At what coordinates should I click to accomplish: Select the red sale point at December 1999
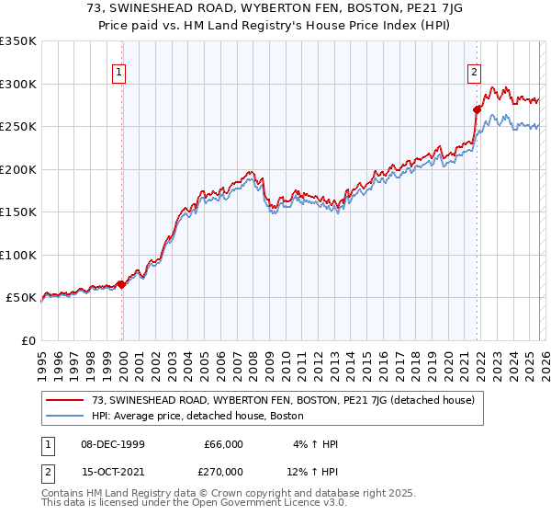coord(121,284)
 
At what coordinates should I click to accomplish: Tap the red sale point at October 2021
coord(477,109)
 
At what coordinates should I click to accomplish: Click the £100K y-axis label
coord(18,255)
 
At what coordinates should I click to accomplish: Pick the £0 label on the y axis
coord(28,340)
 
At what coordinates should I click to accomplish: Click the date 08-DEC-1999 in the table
coord(113,444)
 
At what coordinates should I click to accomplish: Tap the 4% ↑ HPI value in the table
coord(315,444)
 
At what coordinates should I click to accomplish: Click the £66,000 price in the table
coord(223,444)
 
